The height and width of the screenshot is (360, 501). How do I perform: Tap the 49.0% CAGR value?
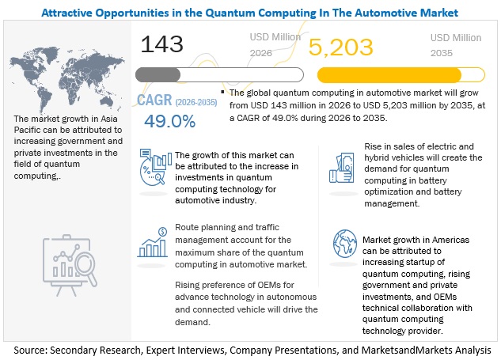coord(169,123)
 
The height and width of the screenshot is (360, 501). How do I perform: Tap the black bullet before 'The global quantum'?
coord(222,93)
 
